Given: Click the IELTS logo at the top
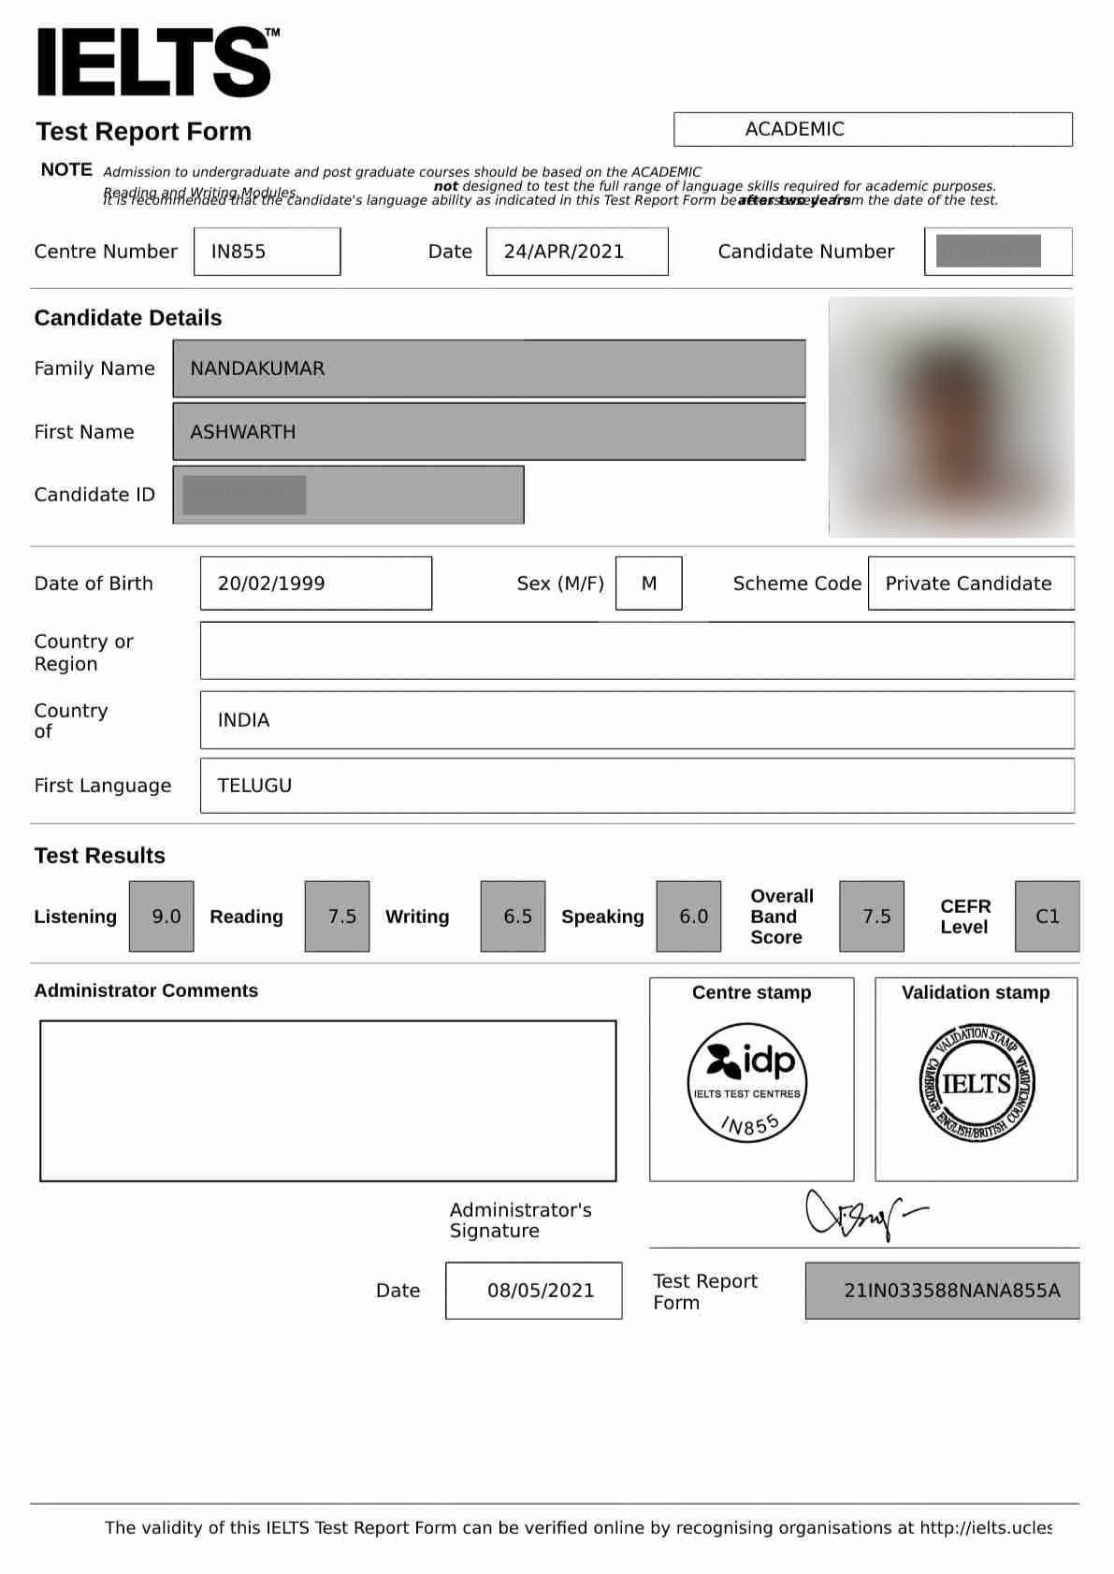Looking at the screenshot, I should pyautogui.click(x=155, y=63).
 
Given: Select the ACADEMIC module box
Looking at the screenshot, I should pyautogui.click(x=872, y=129).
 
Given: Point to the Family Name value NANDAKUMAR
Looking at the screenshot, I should pyautogui.click(x=258, y=368).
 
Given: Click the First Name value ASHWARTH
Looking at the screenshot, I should pyautogui.click(x=243, y=432).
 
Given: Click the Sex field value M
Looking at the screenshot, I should pyautogui.click(x=649, y=584).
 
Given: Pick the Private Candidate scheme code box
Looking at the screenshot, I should pyautogui.click(x=970, y=584).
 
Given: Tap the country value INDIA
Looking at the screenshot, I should pyautogui.click(x=244, y=720).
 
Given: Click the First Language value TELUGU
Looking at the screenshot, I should pyautogui.click(x=255, y=786).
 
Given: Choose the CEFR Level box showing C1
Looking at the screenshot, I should pyautogui.click(x=1047, y=917).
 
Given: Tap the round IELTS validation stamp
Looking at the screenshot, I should pyautogui.click(x=977, y=1083).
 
